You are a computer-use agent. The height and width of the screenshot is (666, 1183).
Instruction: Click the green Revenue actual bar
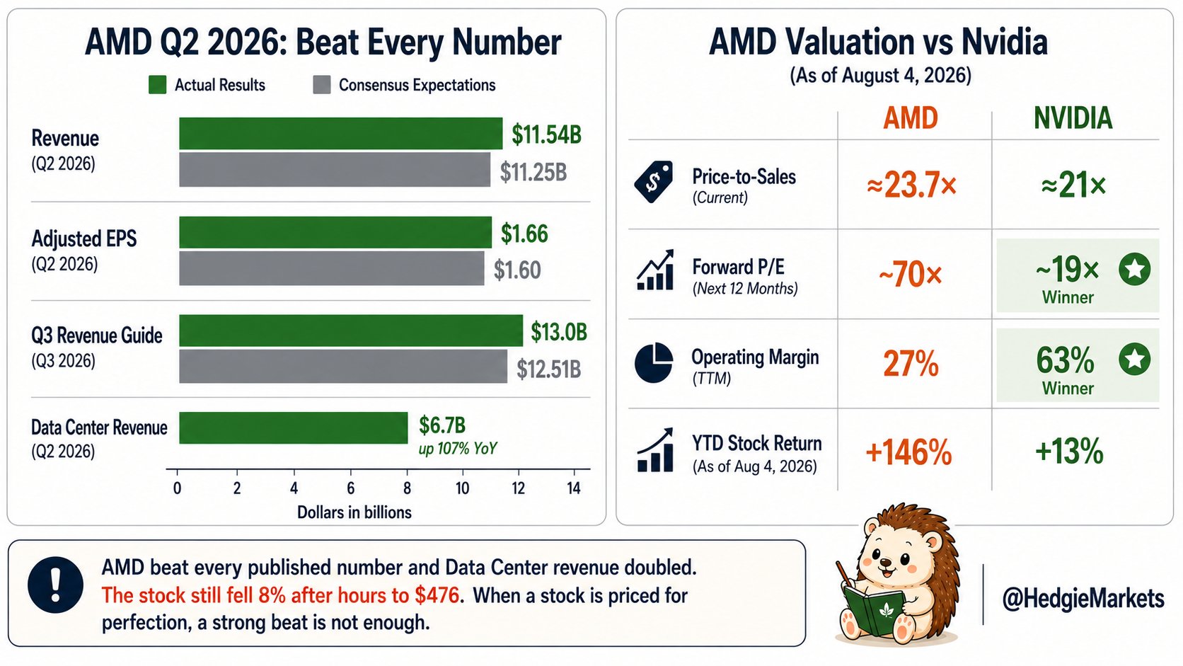pos(340,133)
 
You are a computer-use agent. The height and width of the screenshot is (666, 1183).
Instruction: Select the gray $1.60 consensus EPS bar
pos(332,268)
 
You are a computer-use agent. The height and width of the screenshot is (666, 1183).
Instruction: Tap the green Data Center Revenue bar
pos(293,427)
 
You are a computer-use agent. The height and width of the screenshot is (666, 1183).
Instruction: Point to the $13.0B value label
pos(559,332)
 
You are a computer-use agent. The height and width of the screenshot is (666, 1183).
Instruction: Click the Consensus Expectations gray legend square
pos(322,84)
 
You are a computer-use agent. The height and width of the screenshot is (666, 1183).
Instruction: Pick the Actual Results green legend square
pos(157,84)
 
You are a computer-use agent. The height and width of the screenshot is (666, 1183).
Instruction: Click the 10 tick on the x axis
pos(463,488)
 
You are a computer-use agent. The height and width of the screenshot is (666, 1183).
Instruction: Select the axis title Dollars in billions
pos(354,512)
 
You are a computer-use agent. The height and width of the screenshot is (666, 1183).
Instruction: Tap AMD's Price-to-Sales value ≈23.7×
pos(911,185)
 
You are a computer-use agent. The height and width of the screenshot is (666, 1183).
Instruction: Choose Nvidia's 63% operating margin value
pos(1065,360)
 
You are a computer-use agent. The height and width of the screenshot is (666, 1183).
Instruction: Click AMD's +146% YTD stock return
pos(909,453)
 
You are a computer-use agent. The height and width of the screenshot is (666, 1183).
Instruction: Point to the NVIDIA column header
pos(1073,118)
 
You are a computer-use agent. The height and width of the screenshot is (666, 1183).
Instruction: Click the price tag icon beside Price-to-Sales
pos(654,182)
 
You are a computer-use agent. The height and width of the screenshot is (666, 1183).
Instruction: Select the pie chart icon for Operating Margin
pos(654,362)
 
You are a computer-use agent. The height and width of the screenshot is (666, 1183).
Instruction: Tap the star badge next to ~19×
pos(1134,270)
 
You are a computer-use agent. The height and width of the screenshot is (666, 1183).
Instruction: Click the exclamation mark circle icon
pos(55,585)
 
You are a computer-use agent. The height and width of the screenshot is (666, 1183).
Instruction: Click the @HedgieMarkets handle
pos(1083,599)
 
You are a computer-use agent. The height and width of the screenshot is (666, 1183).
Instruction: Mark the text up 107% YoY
pos(457,449)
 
